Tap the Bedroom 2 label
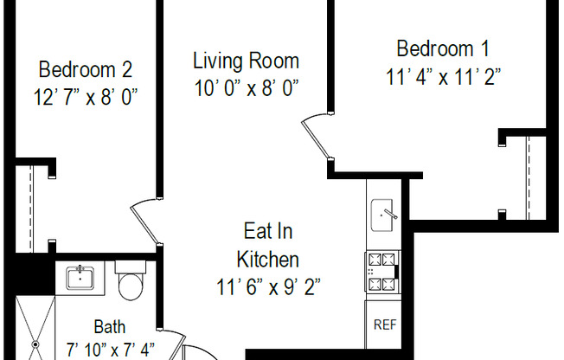pos(86,67)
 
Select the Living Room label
pos(246,61)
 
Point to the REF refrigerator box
pos(383,325)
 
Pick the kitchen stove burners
pos(381,271)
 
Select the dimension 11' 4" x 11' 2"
pos(444,76)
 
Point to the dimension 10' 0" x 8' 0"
pos(246,88)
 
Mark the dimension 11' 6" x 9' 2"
pos(268,286)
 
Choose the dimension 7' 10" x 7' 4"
pos(109,350)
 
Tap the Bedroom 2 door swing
pos(144,223)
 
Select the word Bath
pos(110,327)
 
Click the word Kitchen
pos(268,259)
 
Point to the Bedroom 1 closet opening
pos(527,177)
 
